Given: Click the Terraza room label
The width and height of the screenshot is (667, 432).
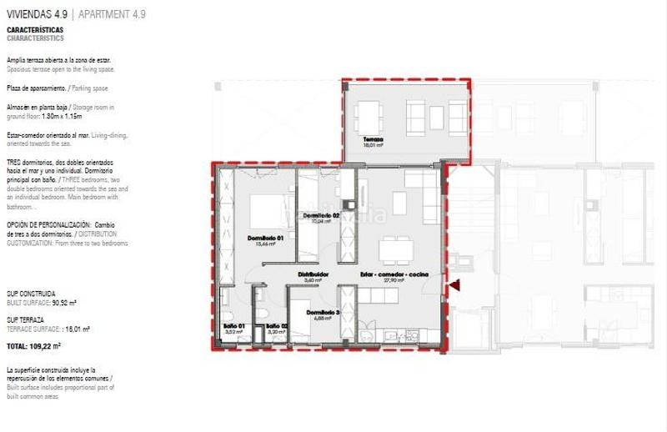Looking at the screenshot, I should click(x=371, y=141).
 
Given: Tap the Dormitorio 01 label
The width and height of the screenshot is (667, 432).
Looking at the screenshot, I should click(x=267, y=239).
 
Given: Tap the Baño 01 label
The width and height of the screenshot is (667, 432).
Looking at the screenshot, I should click(x=234, y=325).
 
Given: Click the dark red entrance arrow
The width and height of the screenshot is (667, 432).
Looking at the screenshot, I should click(x=454, y=286).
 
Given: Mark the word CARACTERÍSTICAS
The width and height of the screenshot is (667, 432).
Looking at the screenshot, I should click(x=34, y=30).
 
